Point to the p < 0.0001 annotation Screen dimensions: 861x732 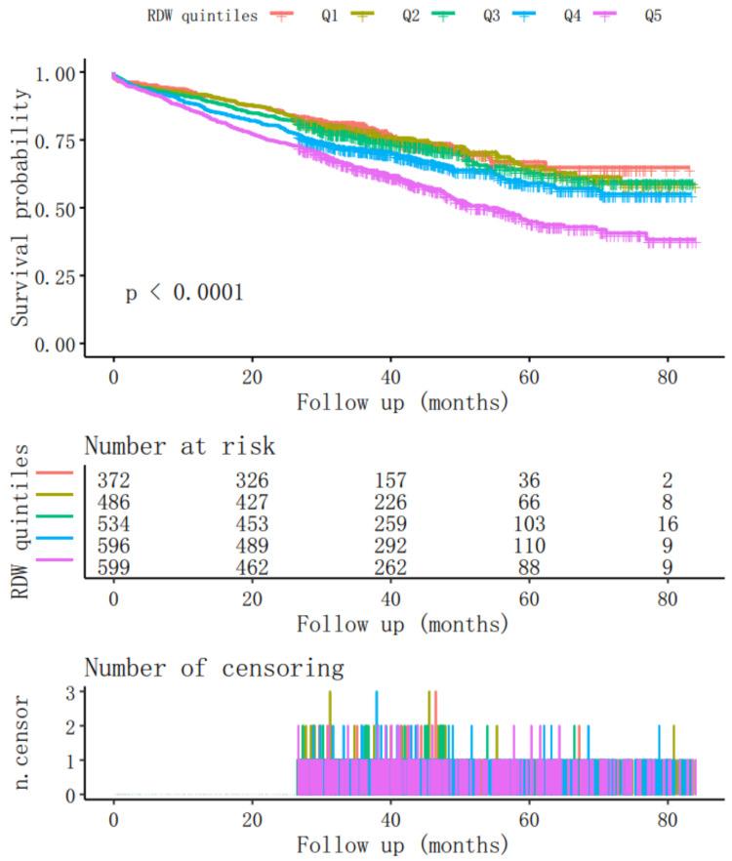point(184,292)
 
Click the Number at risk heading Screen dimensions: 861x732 point(180,447)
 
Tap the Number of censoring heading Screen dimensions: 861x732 point(214,669)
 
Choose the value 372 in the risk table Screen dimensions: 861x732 point(114,480)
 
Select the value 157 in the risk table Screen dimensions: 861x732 point(391,480)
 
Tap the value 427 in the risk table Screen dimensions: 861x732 point(253,501)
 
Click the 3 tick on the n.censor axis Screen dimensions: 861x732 point(70,692)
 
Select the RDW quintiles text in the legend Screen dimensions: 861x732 point(203,15)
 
